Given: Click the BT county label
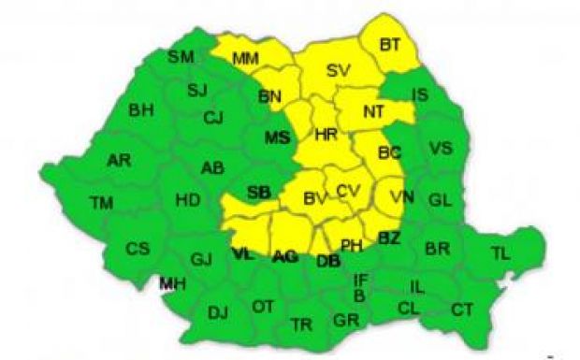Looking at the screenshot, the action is [x=391, y=42].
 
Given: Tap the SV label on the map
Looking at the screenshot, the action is [x=338, y=72].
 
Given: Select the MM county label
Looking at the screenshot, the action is [x=245, y=59].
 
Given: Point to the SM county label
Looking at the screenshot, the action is [x=181, y=57].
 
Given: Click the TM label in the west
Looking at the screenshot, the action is [x=101, y=202].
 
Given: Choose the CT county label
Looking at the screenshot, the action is [x=462, y=310].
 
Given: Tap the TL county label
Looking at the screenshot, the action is [x=501, y=252].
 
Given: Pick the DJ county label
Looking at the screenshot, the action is [x=218, y=312].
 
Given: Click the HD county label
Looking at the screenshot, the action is [x=187, y=199].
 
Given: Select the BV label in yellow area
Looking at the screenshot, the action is [x=314, y=198].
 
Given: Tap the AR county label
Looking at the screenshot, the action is [x=119, y=160].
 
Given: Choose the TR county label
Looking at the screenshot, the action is [x=300, y=324].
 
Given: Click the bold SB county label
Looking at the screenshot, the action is [x=258, y=193].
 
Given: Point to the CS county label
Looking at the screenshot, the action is [x=138, y=249].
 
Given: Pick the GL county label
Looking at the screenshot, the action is [x=439, y=200].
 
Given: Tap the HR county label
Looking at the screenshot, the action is [x=326, y=135].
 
